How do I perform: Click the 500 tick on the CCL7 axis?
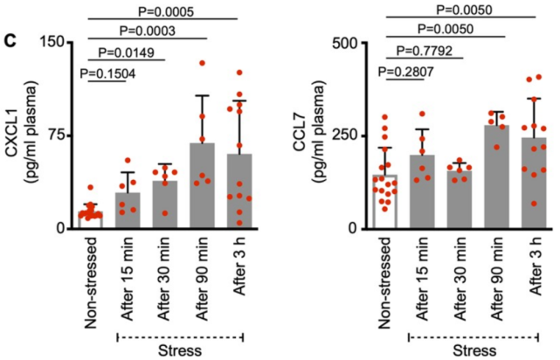tap(349, 42)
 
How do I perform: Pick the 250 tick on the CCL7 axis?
tap(349, 135)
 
